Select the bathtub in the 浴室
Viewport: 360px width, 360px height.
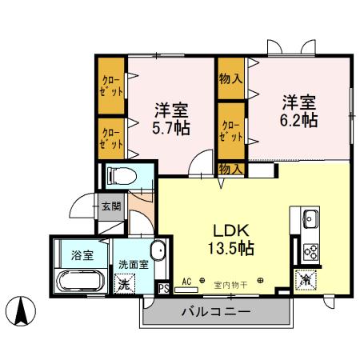click(80, 282)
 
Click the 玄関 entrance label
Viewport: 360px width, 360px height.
click(111, 206)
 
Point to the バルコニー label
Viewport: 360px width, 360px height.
click(215, 312)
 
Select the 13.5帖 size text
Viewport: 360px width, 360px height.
click(228, 248)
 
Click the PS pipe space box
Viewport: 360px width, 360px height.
click(163, 290)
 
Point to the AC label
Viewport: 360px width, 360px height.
click(186, 282)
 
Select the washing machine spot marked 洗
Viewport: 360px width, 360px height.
click(125, 284)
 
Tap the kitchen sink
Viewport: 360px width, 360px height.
click(310, 218)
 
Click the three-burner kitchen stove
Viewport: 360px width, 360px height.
click(310, 251)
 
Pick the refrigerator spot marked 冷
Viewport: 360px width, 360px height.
click(306, 280)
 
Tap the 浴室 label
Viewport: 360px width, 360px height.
click(81, 255)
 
